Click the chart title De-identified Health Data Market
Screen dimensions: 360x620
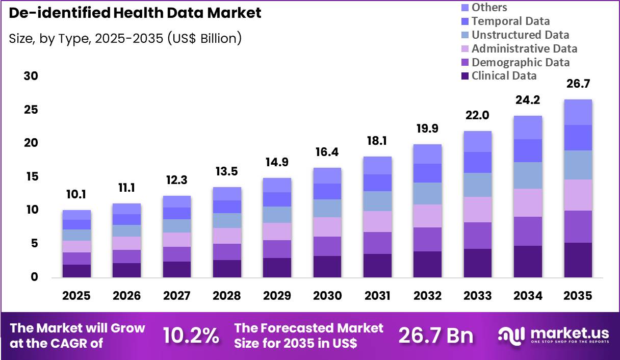[x=135, y=13]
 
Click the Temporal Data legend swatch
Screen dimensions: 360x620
[x=464, y=21]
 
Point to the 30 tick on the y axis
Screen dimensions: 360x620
[x=30, y=76]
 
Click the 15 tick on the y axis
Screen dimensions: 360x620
[x=30, y=177]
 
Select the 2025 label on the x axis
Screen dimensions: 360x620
[x=76, y=296]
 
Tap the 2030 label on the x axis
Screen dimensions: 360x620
[x=327, y=296]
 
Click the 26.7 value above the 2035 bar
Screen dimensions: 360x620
[x=578, y=84]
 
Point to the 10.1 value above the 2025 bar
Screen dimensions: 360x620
[x=76, y=194]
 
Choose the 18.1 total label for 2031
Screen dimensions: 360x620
[x=377, y=141]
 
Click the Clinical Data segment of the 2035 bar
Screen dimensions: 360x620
[x=578, y=260]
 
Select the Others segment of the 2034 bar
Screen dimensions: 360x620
[x=528, y=127]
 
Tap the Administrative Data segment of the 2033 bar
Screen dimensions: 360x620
[x=478, y=210]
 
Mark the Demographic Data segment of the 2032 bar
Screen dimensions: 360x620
[x=427, y=239]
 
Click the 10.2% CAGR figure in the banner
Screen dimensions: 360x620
[x=191, y=336]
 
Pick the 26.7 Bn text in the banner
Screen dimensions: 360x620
[x=435, y=336]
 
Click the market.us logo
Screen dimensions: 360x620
[x=553, y=335]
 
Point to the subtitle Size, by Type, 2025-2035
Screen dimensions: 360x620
[x=125, y=38]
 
